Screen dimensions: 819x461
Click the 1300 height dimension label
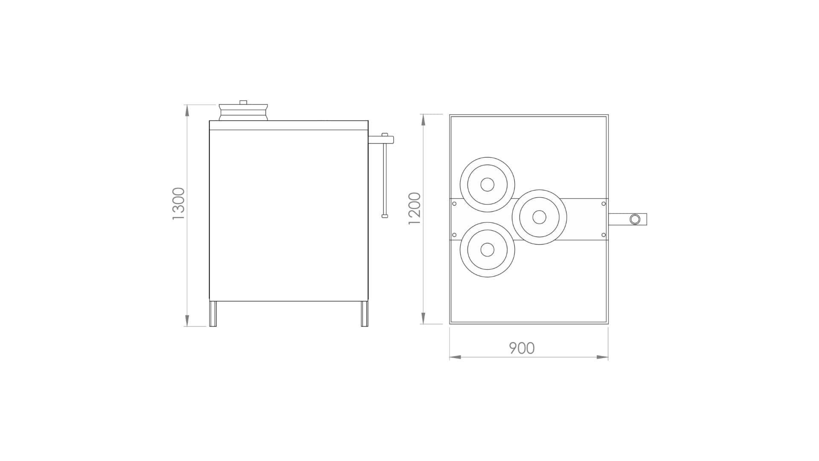point(178,204)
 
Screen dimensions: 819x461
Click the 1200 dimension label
point(415,209)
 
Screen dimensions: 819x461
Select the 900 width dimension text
point(522,348)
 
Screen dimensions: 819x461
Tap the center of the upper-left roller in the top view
point(487,184)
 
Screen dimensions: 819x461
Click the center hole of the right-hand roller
point(539,217)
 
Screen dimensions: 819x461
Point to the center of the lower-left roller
point(487,250)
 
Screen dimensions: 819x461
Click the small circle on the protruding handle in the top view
point(635,219)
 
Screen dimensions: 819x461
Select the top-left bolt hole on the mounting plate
point(454,204)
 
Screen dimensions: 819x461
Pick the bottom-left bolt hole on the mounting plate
point(454,235)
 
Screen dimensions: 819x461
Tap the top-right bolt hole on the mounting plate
point(603,204)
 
